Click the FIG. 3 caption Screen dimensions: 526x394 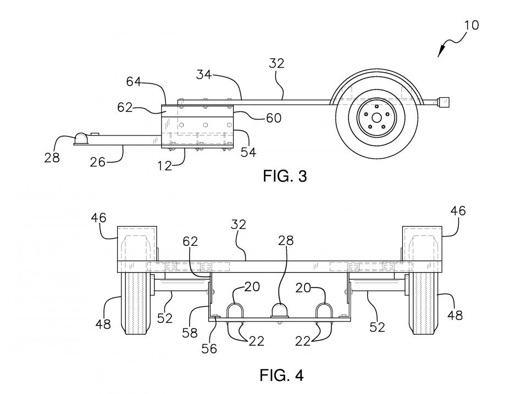[285, 176]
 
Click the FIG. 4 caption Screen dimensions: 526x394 [281, 375]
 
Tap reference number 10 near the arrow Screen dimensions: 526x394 [472, 25]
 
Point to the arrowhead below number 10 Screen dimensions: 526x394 [440, 52]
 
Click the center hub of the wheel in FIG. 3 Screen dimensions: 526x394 [376, 118]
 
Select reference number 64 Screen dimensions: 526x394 [133, 81]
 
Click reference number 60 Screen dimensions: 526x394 [274, 118]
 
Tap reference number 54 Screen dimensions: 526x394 [248, 152]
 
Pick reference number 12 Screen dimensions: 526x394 [164, 166]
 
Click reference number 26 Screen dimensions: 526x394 [98, 162]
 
